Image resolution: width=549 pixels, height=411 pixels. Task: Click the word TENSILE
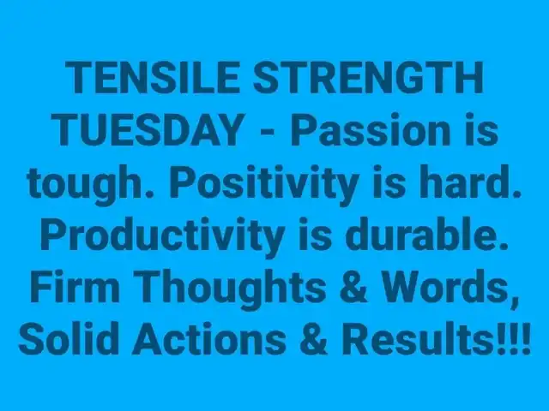(x=153, y=78)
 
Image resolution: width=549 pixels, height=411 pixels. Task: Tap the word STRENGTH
(x=368, y=78)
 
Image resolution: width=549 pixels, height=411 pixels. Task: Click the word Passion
(x=371, y=130)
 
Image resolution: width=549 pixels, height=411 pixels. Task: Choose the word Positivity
(x=264, y=184)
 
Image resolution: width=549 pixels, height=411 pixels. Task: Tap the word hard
(x=470, y=182)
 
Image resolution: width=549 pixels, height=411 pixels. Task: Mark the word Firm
(x=75, y=287)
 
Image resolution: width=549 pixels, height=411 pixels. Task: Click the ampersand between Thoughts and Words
(x=354, y=287)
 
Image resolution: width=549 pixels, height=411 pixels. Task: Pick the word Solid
(x=67, y=339)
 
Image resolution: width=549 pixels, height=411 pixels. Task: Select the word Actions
(x=209, y=339)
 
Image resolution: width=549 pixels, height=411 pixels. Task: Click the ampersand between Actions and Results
(x=314, y=339)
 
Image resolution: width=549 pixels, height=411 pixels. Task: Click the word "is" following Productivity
(x=315, y=234)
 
